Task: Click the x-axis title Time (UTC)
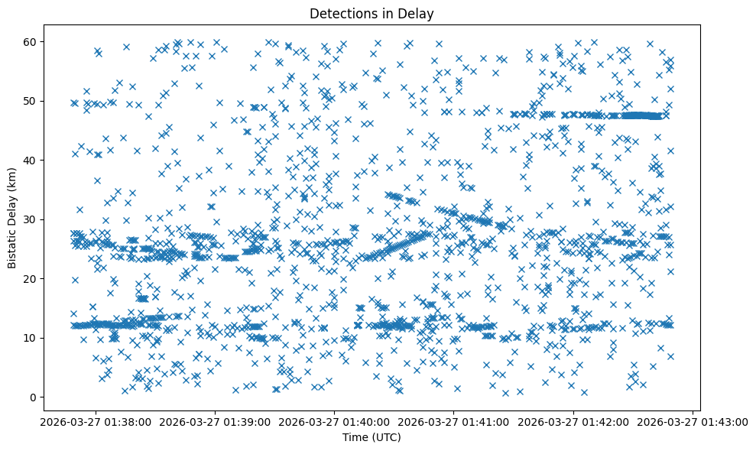pos(371,437)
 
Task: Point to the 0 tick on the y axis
pos(33,397)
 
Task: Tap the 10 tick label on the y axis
pos(30,338)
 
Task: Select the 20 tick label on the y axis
pos(30,278)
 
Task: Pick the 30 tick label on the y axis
pos(30,219)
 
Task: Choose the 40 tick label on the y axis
pos(30,160)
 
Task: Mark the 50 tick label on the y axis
pos(30,101)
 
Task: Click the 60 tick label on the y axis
pos(30,41)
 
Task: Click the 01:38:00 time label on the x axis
pos(96,421)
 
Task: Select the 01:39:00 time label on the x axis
pos(216,421)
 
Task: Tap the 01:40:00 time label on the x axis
pos(335,421)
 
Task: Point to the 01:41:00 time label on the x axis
pos(454,421)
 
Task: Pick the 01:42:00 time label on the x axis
pos(573,421)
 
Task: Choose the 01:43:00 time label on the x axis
pos(693,421)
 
